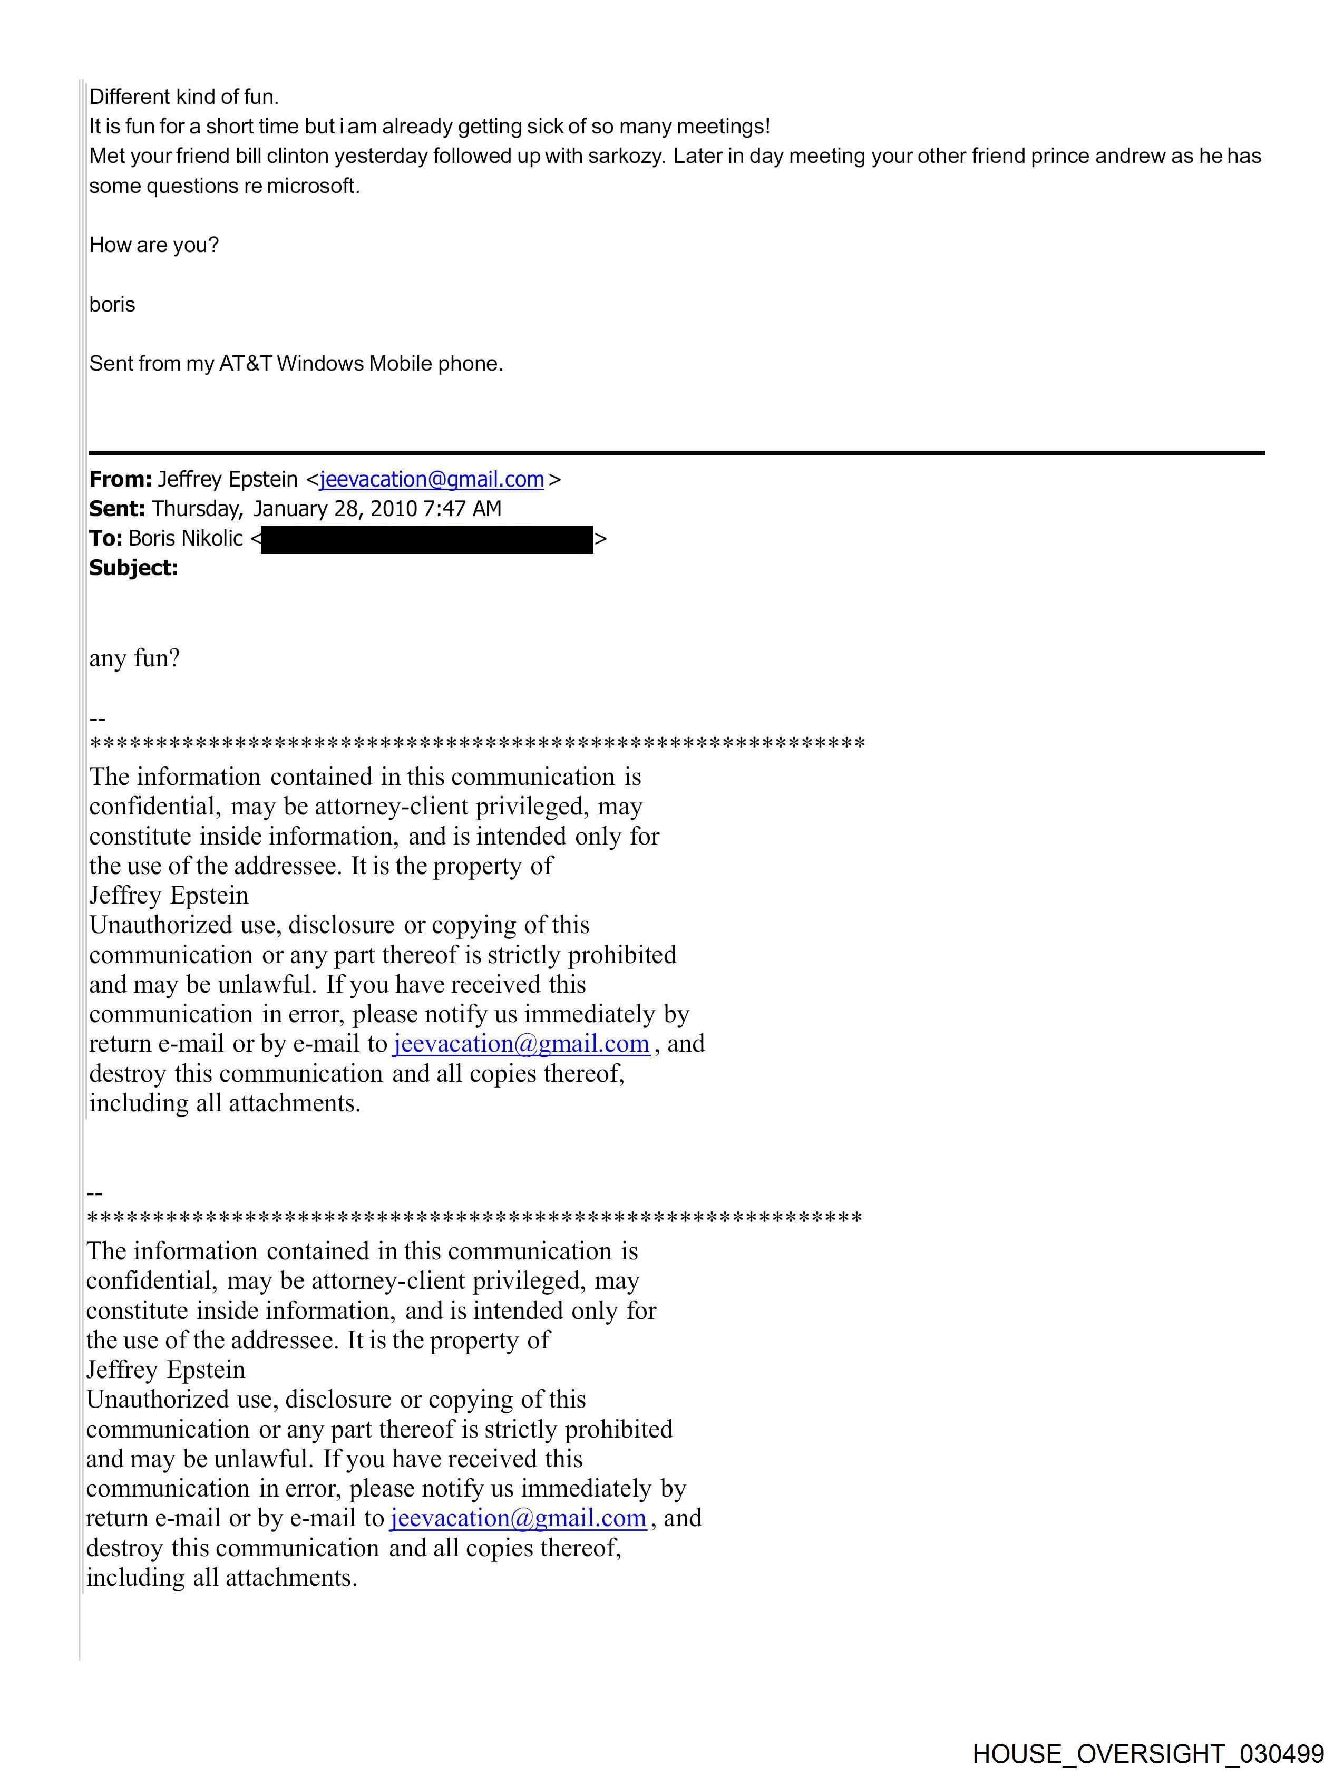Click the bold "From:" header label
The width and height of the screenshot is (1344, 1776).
[x=120, y=479]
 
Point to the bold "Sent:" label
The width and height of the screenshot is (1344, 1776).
[x=117, y=509]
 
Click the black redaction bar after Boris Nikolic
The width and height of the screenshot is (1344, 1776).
[x=426, y=539]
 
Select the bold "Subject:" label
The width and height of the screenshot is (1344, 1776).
[x=133, y=568]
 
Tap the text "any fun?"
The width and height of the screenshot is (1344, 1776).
[x=134, y=658]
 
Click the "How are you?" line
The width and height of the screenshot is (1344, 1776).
[x=153, y=246]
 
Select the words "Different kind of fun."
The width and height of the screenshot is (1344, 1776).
[x=184, y=97]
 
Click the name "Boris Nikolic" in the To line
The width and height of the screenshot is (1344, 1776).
[x=186, y=539]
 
